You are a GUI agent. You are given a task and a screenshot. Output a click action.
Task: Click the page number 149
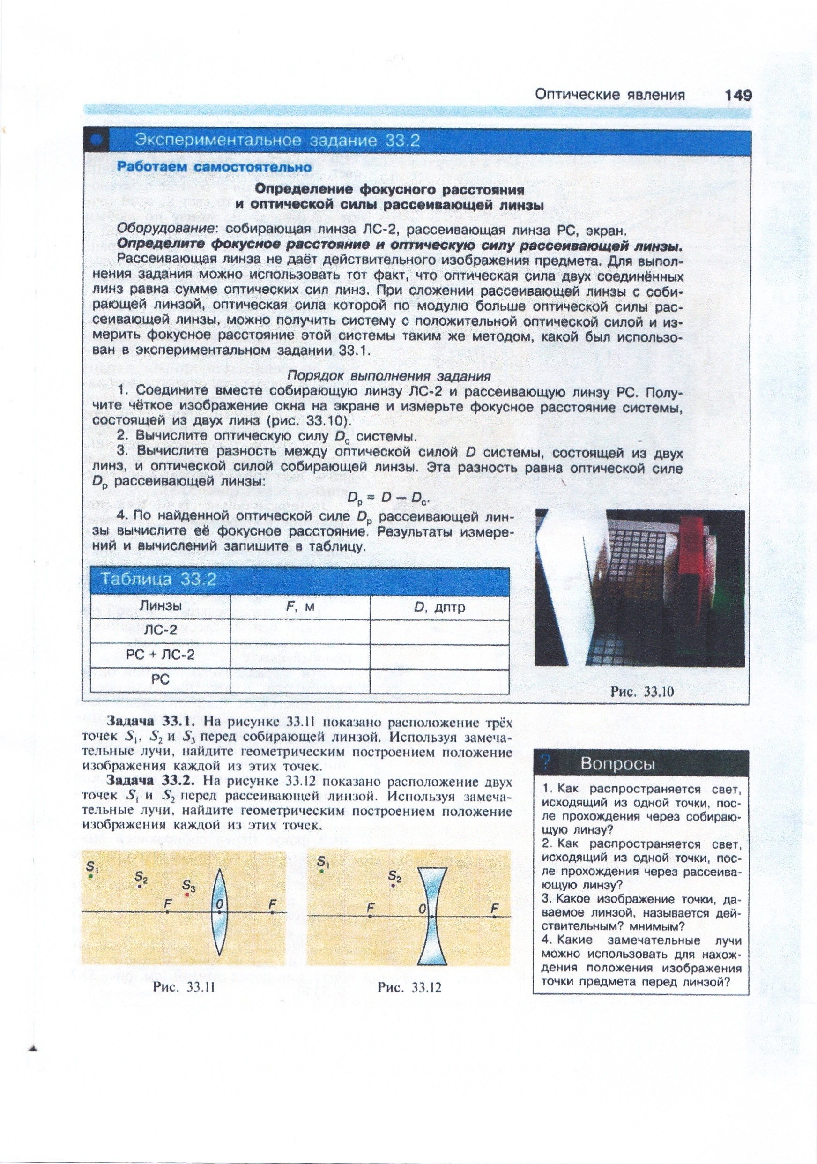738,95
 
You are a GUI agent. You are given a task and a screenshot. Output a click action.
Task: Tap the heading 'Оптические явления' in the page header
610,95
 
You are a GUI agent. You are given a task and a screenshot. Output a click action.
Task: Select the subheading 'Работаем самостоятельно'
215,166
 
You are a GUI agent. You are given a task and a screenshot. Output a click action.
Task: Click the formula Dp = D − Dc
388,499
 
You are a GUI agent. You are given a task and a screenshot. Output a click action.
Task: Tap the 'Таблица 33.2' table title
159,579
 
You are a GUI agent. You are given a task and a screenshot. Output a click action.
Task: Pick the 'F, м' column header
300,607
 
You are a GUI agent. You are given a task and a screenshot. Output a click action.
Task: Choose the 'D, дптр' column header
439,607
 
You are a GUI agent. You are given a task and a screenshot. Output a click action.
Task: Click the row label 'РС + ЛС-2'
160,655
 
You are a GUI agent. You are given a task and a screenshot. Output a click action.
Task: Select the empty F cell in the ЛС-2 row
300,631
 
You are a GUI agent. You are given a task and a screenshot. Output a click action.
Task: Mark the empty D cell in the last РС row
439,680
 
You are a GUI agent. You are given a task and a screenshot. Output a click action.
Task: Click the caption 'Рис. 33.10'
642,692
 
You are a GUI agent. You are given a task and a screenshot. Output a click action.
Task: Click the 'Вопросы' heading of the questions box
617,763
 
